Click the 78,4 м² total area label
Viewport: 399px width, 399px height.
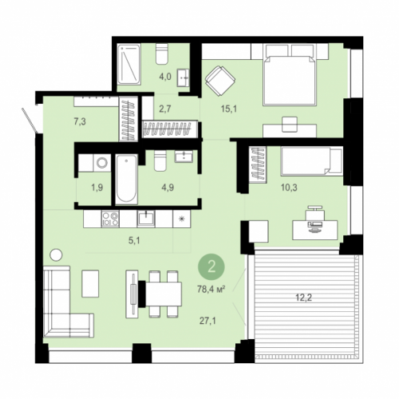point(211,289)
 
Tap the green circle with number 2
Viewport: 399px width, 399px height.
point(211,267)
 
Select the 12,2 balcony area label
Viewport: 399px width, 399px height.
point(304,298)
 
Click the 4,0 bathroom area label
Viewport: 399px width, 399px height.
point(165,77)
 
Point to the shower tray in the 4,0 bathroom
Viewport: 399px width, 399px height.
point(129,65)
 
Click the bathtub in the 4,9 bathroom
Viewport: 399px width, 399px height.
point(127,180)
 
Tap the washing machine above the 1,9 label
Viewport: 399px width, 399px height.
point(102,163)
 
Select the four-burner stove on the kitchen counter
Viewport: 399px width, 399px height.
point(110,219)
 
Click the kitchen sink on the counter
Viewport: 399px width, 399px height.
point(146,219)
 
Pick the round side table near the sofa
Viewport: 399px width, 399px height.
point(56,255)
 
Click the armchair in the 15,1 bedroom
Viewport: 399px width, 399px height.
point(220,81)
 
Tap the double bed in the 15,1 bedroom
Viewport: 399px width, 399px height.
point(289,75)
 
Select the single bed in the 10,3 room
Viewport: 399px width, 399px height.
point(311,161)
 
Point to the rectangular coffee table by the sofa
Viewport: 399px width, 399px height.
point(90,283)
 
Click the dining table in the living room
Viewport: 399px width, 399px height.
point(163,294)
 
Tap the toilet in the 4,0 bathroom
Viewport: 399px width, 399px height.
point(162,54)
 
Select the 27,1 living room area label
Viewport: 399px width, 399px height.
point(207,321)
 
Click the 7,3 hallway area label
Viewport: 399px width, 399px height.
point(80,122)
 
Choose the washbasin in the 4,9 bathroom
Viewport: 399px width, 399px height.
point(184,156)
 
